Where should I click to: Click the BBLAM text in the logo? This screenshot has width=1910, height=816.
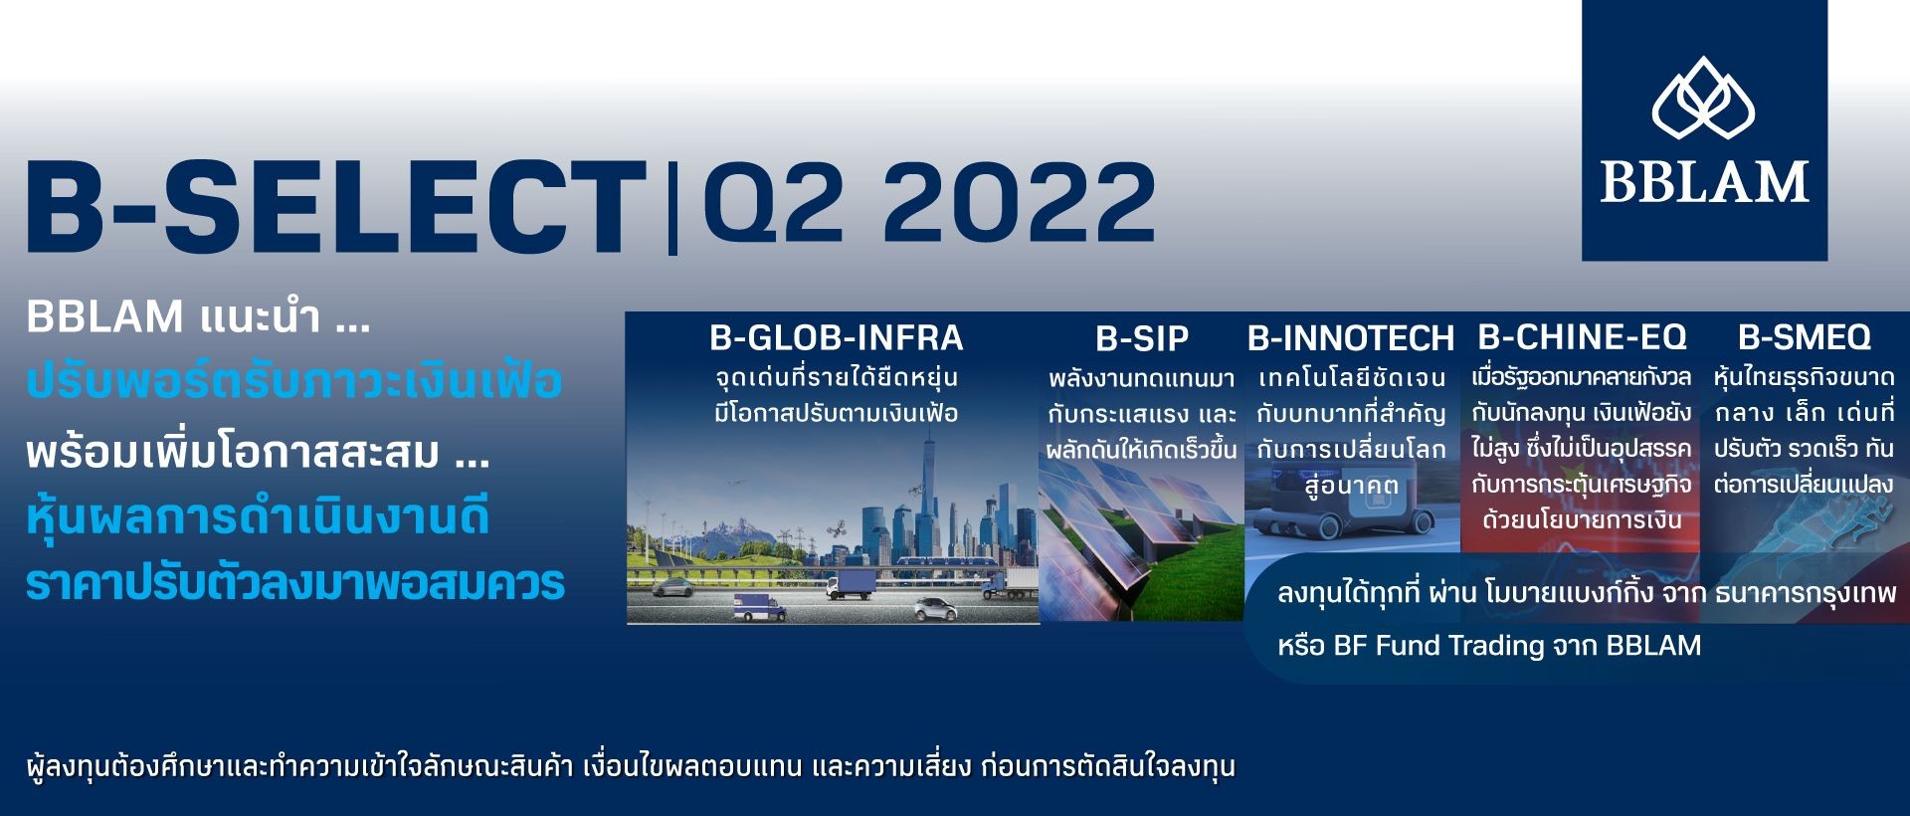click(1704, 182)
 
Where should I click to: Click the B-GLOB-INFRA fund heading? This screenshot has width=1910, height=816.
click(837, 338)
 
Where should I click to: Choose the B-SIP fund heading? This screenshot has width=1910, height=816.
click(1142, 339)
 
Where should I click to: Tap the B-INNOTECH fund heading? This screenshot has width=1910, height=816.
click(1351, 338)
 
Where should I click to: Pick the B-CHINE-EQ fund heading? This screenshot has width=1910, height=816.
click(1583, 337)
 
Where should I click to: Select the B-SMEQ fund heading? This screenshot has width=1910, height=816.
click(1805, 337)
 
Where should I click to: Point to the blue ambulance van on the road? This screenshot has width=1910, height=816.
click(760, 606)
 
